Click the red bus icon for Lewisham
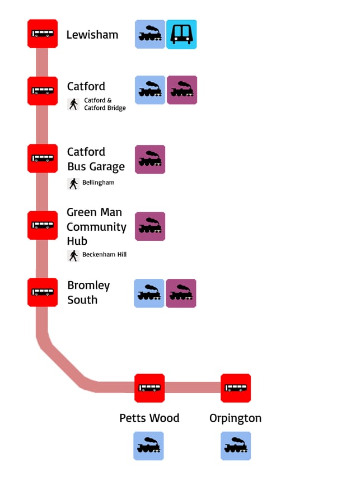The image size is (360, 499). pyautogui.click(x=43, y=34)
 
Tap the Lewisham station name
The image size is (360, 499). pyautogui.click(x=92, y=35)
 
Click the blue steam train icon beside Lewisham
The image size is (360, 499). pyautogui.click(x=150, y=34)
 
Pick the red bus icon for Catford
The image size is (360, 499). pyautogui.click(x=43, y=91)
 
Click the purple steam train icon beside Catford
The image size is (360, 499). pyautogui.click(x=182, y=90)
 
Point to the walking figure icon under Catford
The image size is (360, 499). pyautogui.click(x=73, y=104)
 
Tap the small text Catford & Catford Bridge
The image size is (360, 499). pyautogui.click(x=105, y=104)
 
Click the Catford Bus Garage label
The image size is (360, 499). pyautogui.click(x=95, y=159)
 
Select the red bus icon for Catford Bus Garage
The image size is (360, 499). pyautogui.click(x=43, y=158)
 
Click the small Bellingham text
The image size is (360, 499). pyautogui.click(x=98, y=183)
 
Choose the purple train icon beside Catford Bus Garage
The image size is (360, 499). pyautogui.click(x=150, y=160)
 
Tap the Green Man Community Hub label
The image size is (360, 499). pyautogui.click(x=96, y=227)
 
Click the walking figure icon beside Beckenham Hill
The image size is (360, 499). pyautogui.click(x=73, y=255)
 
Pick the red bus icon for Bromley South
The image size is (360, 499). pyautogui.click(x=43, y=292)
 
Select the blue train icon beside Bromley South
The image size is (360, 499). pyautogui.click(x=149, y=293)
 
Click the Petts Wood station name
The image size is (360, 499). pyautogui.click(x=149, y=418)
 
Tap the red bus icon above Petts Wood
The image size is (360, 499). pyautogui.click(x=149, y=388)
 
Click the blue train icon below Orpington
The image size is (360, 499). pyautogui.click(x=236, y=446)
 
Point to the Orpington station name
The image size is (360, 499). pyautogui.click(x=235, y=418)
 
